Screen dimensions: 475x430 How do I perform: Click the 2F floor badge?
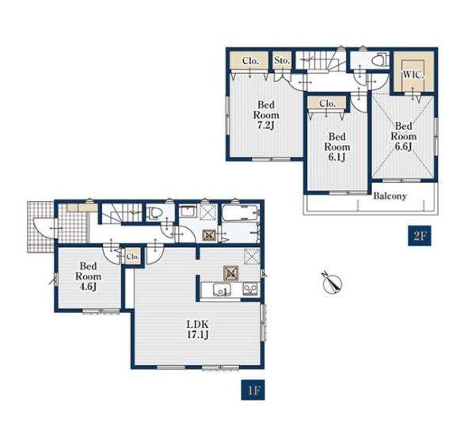click(x=420, y=235)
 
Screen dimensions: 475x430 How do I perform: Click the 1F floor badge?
click(x=253, y=390)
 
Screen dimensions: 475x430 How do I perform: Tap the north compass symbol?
click(x=332, y=283)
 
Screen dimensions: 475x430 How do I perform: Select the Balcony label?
click(x=389, y=196)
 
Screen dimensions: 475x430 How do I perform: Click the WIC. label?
click(x=413, y=75)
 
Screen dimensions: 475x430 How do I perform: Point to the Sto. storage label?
click(x=282, y=60)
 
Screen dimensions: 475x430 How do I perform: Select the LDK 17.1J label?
click(x=197, y=329)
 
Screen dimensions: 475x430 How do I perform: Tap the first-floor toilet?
click(x=154, y=213)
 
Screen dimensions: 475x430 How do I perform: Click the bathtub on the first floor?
click(x=241, y=215)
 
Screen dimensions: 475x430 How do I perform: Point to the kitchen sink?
click(x=222, y=290)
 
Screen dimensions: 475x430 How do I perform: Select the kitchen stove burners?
click(x=250, y=289)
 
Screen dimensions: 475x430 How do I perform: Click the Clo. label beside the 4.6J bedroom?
click(x=133, y=257)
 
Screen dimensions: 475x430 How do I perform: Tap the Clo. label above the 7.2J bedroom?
click(x=250, y=61)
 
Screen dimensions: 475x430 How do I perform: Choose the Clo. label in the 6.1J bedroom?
click(x=327, y=104)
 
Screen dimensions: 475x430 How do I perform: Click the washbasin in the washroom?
click(x=188, y=211)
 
